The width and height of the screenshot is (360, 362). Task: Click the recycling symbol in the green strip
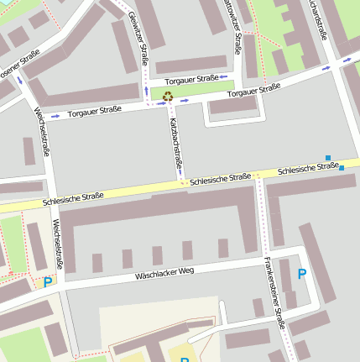(168, 97)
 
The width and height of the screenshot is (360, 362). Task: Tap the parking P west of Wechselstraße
(48, 283)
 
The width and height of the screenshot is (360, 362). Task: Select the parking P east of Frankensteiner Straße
(302, 274)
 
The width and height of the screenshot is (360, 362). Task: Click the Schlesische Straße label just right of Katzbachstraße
(220, 178)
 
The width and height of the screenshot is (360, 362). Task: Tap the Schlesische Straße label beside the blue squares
(307, 168)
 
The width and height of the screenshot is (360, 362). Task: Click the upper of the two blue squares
(327, 157)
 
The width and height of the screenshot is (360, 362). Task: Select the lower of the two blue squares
(342, 168)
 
